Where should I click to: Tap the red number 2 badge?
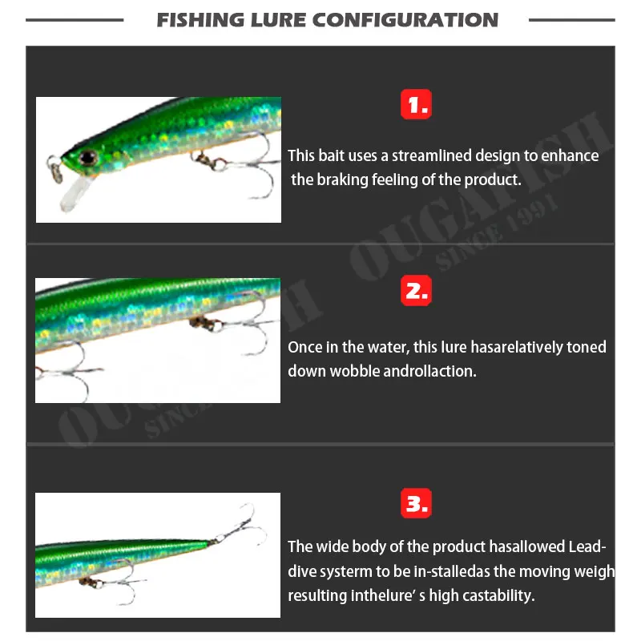(x=416, y=292)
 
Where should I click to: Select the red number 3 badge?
(x=416, y=504)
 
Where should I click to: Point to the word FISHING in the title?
(x=201, y=20)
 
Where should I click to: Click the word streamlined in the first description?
(x=424, y=155)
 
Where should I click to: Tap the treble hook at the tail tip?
(x=238, y=521)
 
